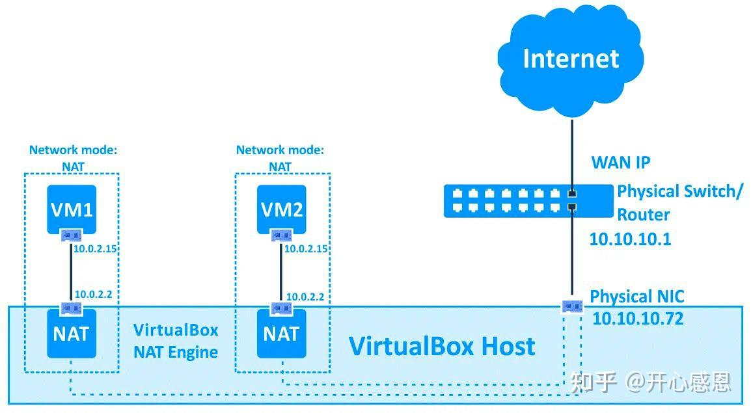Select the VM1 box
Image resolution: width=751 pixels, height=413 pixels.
[72, 209]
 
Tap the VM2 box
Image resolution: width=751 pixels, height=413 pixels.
[281, 209]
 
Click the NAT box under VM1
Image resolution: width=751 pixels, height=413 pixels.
[72, 334]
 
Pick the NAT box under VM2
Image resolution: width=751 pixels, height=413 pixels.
[281, 334]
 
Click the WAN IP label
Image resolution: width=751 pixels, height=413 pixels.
[620, 162]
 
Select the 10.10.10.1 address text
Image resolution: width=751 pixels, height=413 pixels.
[630, 239]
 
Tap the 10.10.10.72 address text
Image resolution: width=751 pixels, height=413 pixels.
[638, 319]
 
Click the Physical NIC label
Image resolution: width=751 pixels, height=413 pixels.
[636, 297]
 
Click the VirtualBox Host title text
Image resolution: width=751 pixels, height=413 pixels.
[442, 346]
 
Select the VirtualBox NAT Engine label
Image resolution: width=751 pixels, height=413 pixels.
[175, 341]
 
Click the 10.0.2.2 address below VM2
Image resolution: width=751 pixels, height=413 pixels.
[305, 297]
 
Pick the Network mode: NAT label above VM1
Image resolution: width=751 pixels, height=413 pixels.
[73, 158]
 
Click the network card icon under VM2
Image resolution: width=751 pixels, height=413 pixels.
[282, 235]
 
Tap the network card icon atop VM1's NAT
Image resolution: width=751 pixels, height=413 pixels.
[71, 308]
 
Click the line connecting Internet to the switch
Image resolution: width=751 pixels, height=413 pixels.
[571, 150]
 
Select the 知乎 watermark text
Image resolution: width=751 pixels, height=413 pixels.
[593, 382]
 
